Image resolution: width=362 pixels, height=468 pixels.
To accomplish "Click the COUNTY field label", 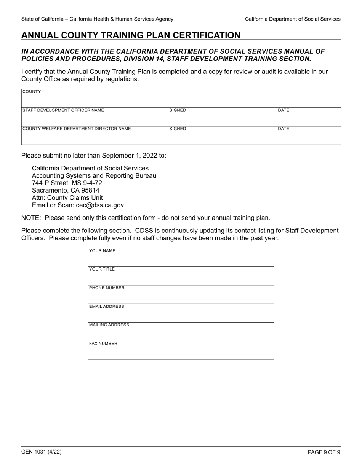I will click(32, 92).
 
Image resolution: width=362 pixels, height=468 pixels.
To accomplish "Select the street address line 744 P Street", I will click(67, 183).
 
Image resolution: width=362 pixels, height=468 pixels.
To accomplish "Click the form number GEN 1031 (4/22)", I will click(42, 452).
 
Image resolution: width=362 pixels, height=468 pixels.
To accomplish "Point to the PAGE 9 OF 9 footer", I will click(324, 452).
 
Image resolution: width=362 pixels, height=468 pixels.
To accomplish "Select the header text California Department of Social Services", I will click(293, 19).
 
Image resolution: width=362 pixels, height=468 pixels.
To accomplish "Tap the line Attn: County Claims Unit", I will click(67, 198).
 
